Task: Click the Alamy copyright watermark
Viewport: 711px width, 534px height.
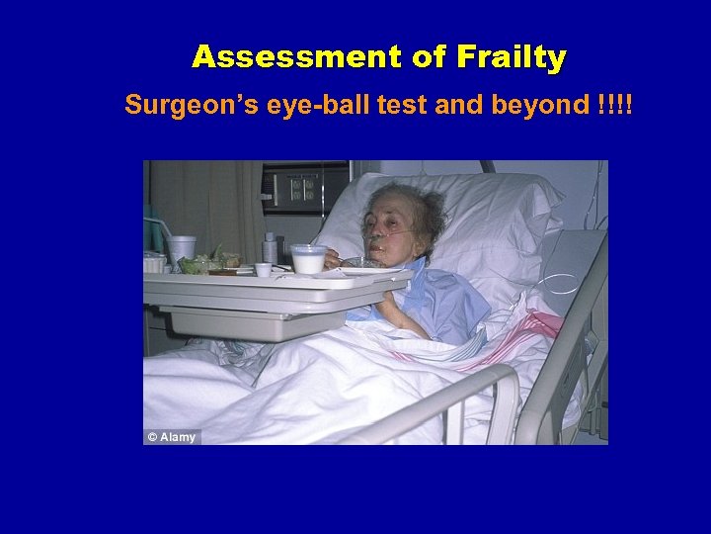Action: click(172, 437)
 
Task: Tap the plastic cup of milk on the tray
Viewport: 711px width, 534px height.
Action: click(309, 259)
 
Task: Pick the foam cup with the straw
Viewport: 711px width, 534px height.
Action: click(181, 249)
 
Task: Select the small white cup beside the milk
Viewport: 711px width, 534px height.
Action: click(263, 269)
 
